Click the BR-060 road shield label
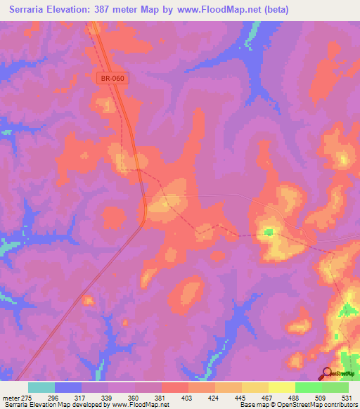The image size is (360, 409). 112,79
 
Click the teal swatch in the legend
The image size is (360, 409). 41,387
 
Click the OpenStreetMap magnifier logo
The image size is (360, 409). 328,374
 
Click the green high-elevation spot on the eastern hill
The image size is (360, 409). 268,231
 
